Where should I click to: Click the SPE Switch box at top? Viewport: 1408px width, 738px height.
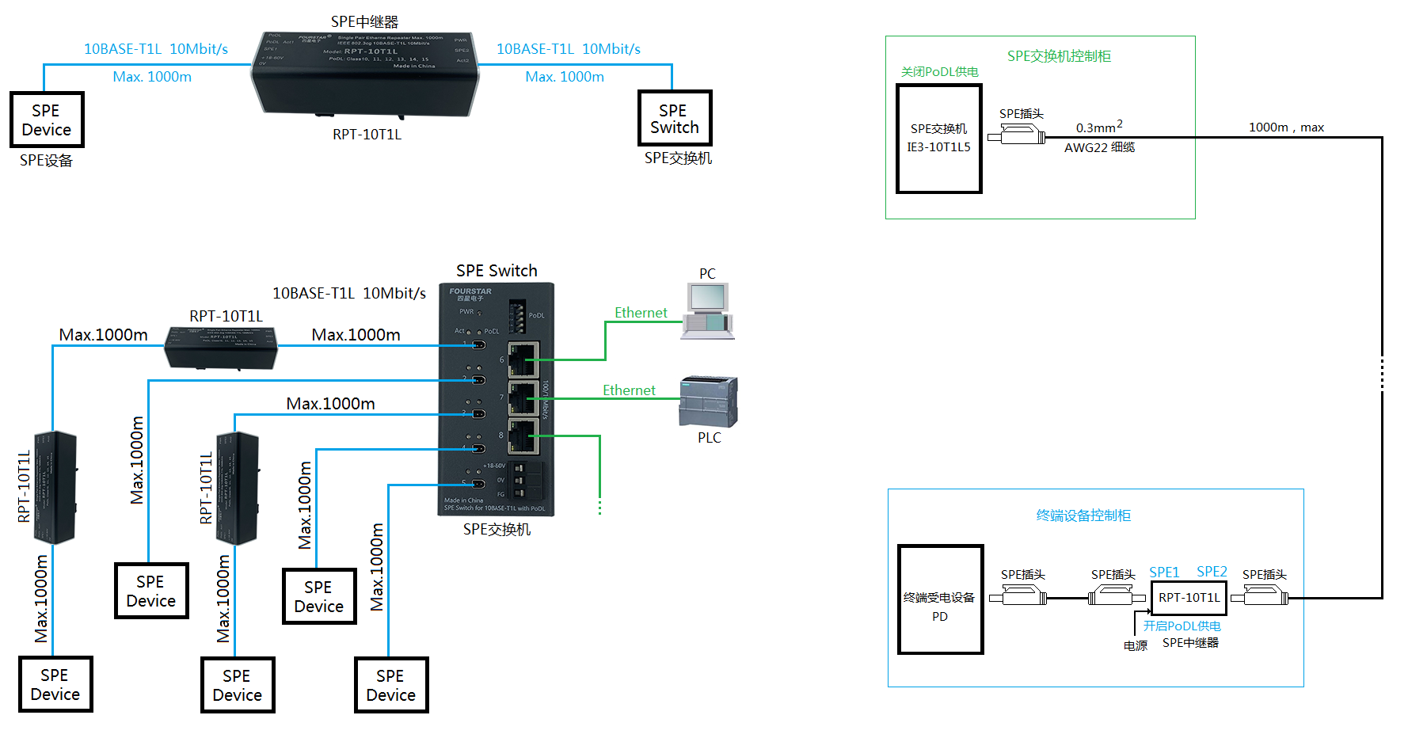pyautogui.click(x=675, y=118)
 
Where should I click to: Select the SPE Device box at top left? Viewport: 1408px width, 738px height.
pyautogui.click(x=47, y=120)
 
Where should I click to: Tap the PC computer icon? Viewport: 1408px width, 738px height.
pyautogui.click(x=707, y=311)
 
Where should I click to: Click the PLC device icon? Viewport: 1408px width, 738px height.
pyautogui.click(x=709, y=402)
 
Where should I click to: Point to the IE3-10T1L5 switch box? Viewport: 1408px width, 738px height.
pyautogui.click(x=938, y=139)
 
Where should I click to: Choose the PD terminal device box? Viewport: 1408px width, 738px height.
pyautogui.click(x=940, y=599)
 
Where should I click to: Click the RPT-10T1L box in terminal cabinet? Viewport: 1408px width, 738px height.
pyautogui.click(x=1189, y=598)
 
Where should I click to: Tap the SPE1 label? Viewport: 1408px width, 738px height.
pyautogui.click(x=1164, y=572)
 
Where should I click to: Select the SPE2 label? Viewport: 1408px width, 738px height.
pyautogui.click(x=1212, y=572)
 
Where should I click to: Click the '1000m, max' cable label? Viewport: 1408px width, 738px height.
pyautogui.click(x=1286, y=127)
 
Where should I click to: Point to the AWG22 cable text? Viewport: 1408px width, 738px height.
pyautogui.click(x=1099, y=147)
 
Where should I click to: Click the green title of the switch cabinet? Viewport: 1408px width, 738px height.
pyautogui.click(x=1059, y=56)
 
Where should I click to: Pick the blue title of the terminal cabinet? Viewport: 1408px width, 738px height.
pyautogui.click(x=1083, y=515)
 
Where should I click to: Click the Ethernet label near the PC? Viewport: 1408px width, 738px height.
pyautogui.click(x=641, y=313)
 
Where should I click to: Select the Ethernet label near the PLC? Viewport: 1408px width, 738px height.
pyautogui.click(x=629, y=390)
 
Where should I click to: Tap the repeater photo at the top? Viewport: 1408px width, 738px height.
pyautogui.click(x=365, y=74)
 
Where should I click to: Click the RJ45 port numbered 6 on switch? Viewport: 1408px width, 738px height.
pyautogui.click(x=523, y=360)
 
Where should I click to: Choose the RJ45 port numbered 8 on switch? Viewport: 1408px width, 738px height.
pyautogui.click(x=523, y=436)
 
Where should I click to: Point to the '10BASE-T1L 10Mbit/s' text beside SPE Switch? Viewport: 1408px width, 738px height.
pyautogui.click(x=348, y=293)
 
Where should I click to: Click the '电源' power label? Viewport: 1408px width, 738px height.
pyautogui.click(x=1135, y=645)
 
